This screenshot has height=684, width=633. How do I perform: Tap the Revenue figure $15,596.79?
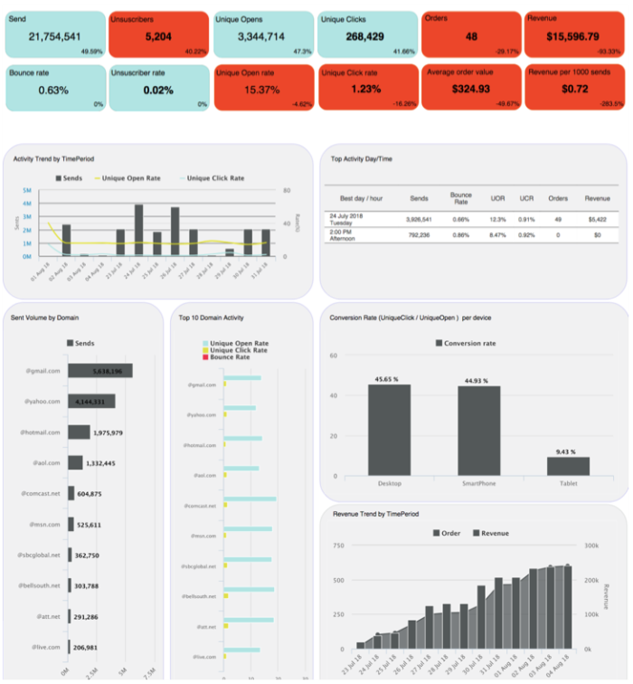point(572,36)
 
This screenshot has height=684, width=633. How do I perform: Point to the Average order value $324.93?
point(471,89)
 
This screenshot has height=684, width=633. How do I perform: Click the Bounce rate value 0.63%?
point(53,90)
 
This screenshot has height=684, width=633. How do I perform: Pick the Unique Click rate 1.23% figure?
point(367,89)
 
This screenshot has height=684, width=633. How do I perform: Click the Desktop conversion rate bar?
point(389,430)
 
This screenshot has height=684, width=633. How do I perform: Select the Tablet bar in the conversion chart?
point(568,466)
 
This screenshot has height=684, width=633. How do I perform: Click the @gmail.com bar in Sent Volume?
point(100,371)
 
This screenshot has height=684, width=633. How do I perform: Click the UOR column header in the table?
point(496,197)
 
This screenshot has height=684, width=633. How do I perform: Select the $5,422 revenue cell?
point(598,219)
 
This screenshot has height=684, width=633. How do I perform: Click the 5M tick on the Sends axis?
point(27,191)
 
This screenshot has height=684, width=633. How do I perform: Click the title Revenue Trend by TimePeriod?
point(375,514)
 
